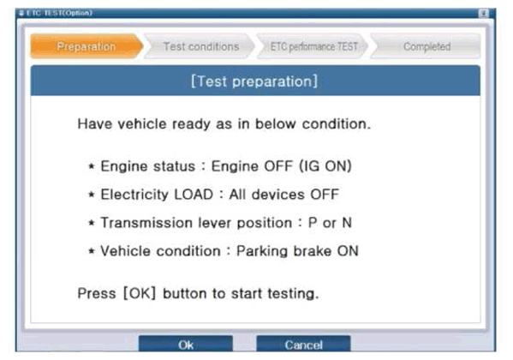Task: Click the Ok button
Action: (186, 344)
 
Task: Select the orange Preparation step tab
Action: (86, 46)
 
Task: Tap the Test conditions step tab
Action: (200, 46)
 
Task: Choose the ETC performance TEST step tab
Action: (313, 46)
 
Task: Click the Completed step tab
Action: (426, 46)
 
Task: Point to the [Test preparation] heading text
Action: (254, 81)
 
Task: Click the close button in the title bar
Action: (484, 13)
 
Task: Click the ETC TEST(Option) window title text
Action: (59, 13)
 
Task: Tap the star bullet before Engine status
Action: (92, 166)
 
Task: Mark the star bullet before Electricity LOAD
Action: (92, 195)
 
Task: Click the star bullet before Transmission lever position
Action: (92, 223)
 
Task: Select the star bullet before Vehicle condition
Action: (92, 252)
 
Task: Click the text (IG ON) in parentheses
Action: (325, 166)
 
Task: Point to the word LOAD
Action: (194, 195)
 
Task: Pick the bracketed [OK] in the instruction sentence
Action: (139, 293)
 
